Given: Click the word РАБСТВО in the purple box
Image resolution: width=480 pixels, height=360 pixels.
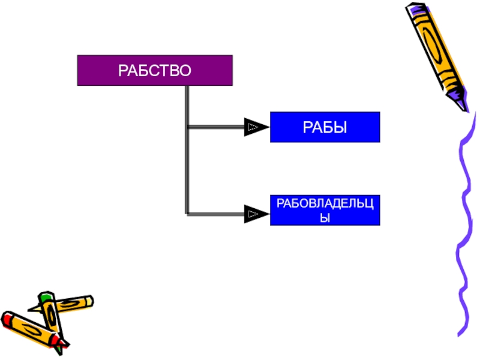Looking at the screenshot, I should [155, 71].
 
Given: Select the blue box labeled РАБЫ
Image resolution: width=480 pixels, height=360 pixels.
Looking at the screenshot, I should [325, 127].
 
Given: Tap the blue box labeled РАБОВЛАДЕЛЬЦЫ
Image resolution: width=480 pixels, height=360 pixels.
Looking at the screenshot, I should [325, 210].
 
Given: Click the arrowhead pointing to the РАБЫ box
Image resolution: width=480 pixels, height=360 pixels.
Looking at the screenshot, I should [255, 127].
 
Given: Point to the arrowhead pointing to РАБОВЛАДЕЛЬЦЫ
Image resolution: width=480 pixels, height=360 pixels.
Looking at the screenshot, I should [255, 213].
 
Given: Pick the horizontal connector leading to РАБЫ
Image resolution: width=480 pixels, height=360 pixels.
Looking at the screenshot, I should [216, 127].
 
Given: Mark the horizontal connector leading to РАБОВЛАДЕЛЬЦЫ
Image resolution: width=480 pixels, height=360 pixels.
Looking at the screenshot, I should [216, 213].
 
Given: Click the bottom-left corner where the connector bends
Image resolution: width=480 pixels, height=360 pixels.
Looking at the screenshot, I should [188, 213].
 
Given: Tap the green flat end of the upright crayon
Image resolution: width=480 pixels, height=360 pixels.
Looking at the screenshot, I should [44, 296].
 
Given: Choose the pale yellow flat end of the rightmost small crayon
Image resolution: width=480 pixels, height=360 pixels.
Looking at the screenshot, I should [89, 300].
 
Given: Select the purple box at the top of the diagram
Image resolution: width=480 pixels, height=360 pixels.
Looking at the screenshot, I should [155, 71].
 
